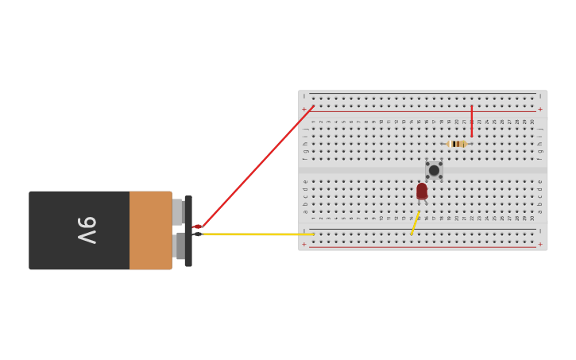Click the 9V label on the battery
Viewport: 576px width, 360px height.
(87, 230)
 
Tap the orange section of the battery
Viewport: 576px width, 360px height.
(150, 230)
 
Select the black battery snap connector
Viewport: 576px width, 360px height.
(188, 230)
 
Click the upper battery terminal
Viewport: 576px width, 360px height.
(178, 212)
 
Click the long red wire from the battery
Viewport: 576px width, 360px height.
(258, 165)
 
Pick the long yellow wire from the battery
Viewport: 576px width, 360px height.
(258, 234)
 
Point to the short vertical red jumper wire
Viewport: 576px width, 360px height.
(471, 121)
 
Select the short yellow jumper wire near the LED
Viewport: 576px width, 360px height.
(415, 223)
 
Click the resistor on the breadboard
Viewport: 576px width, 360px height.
(457, 144)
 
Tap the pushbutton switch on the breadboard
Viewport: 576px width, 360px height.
(434, 170)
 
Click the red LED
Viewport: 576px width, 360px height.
(422, 192)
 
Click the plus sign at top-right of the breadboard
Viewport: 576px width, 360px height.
(540, 109)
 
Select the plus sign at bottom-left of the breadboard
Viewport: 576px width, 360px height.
(303, 244)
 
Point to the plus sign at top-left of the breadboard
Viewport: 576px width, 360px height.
(303, 109)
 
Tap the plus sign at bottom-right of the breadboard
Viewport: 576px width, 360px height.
(540, 244)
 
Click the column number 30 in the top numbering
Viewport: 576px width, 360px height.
(532, 122)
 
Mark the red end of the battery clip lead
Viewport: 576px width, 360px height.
(197, 226)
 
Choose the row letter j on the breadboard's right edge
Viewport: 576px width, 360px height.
(541, 129)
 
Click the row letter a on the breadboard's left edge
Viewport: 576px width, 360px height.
(304, 211)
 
